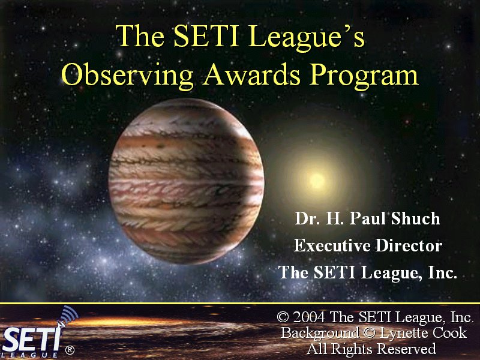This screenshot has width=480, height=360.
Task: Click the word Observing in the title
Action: click(x=127, y=75)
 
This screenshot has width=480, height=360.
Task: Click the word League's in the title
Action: click(x=307, y=37)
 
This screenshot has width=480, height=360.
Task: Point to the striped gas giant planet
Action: click(x=186, y=181)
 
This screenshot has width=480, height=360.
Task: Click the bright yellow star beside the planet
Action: click(x=317, y=181)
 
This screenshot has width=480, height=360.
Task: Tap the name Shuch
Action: click(x=415, y=218)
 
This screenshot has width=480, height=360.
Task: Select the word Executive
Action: click(x=332, y=245)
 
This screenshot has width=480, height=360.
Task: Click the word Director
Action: click(x=409, y=245)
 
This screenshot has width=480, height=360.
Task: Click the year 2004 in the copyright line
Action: click(x=308, y=317)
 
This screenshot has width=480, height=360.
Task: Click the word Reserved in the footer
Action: click(x=406, y=349)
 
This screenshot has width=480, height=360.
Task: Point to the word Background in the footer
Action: click(x=320, y=334)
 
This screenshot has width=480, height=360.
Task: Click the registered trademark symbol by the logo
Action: click(x=70, y=350)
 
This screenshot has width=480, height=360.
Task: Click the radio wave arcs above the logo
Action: click(x=69, y=314)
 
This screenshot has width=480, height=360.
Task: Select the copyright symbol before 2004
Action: click(x=283, y=317)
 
